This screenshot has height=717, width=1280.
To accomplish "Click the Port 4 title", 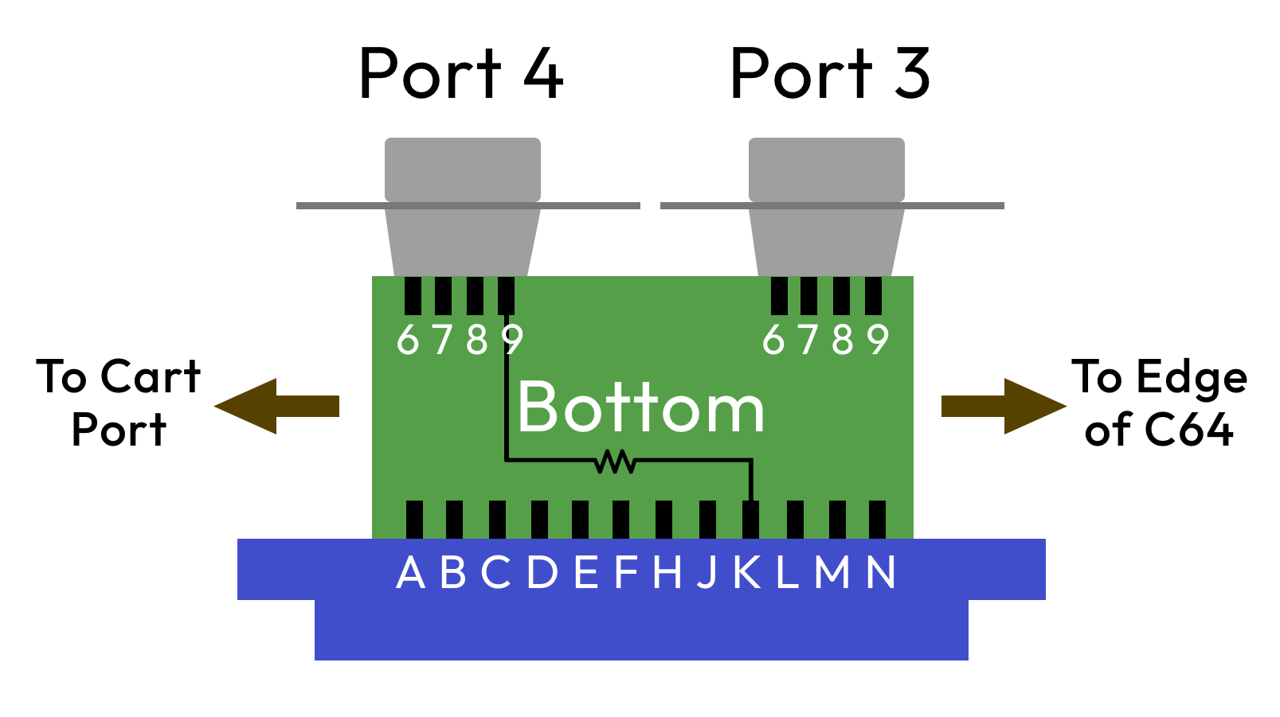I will click(461, 73).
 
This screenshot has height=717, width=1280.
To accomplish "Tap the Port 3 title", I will click(829, 73).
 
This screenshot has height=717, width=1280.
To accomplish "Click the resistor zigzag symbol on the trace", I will click(615, 461).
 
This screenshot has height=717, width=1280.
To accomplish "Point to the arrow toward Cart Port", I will click(276, 406).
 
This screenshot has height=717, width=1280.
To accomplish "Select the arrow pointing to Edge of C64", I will click(1004, 406).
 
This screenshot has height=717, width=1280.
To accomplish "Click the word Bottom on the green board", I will click(640, 407).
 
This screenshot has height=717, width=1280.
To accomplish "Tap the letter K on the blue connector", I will click(747, 572).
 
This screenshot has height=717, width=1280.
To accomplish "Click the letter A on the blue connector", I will click(410, 572).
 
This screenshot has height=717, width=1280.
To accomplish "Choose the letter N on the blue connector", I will click(881, 572).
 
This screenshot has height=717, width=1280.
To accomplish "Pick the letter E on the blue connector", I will click(585, 572).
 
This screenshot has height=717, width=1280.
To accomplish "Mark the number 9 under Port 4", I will click(512, 340).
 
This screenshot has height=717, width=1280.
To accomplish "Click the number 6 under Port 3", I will click(773, 340).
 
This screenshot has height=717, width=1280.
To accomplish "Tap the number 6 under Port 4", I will click(408, 340).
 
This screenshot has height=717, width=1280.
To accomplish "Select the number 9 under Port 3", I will click(878, 340).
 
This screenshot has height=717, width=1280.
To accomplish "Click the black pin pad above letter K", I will click(750, 519).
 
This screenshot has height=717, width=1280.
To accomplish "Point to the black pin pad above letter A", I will click(414, 519).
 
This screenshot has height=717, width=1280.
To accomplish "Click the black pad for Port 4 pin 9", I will click(506, 295).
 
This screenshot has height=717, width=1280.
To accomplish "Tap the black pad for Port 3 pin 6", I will click(779, 295).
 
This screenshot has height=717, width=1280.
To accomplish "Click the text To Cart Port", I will click(119, 403).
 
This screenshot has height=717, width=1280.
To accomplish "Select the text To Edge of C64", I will click(1159, 403).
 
